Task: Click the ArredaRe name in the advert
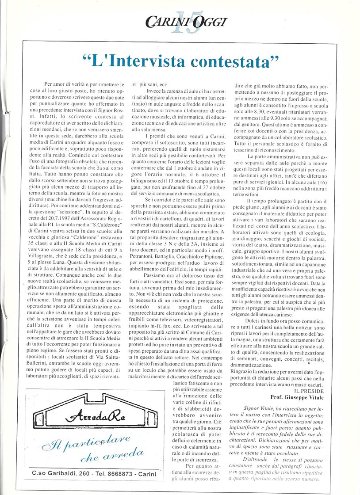94,416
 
